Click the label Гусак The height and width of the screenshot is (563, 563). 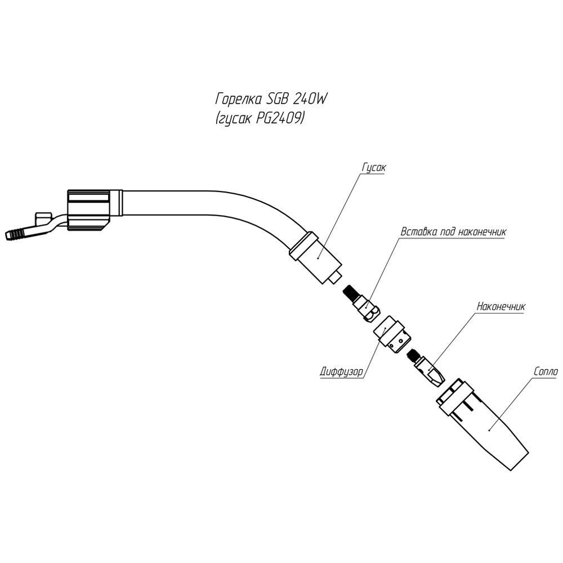tap(372, 168)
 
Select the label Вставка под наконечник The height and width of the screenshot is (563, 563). tap(454, 231)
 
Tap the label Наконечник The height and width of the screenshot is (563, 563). tap(501, 307)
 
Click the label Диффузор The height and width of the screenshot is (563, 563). tap(340, 372)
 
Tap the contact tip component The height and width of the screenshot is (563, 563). tap(430, 371)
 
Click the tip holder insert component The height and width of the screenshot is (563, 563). tap(366, 307)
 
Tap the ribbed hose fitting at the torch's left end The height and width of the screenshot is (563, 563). tap(17, 233)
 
